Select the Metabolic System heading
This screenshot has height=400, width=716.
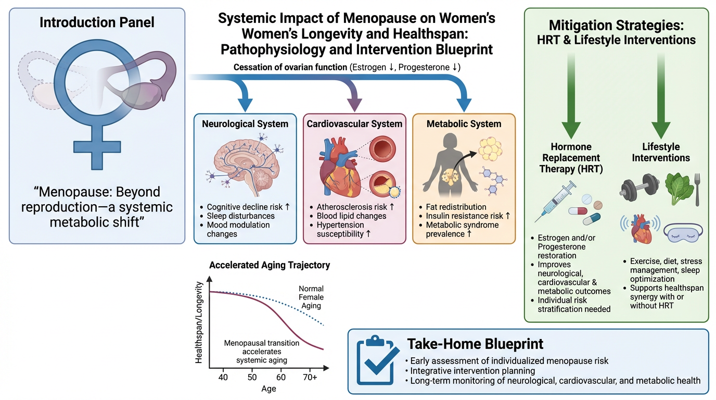464,124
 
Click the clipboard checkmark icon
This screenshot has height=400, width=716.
375,361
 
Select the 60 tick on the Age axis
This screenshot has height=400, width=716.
282,377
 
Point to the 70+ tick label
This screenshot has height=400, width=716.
311,377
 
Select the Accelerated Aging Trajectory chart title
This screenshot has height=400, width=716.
270,265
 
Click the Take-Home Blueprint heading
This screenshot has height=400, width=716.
475,344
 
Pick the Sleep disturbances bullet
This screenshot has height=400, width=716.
240,216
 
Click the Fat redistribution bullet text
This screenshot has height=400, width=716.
456,207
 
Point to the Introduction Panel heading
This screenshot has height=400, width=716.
97,22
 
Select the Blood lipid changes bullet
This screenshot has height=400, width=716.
351,216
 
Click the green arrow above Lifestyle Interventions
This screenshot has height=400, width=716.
661,104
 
